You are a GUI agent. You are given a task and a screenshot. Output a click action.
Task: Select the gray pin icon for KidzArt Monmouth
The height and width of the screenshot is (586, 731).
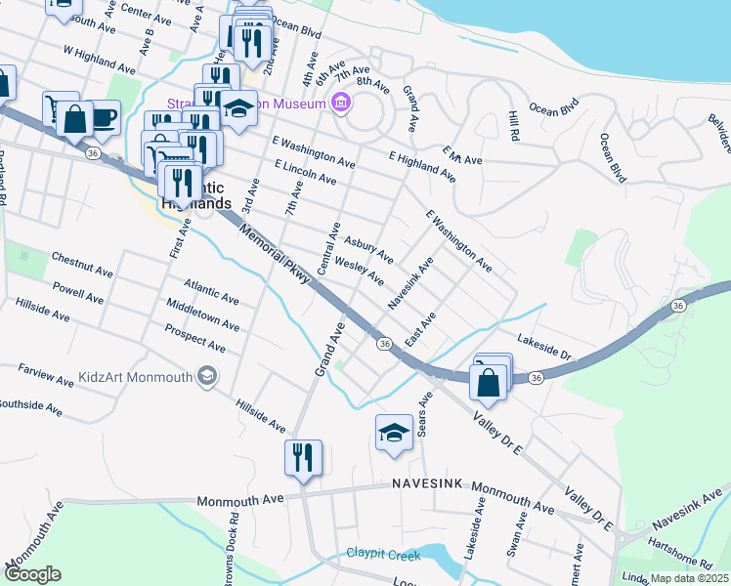pyautogui.click(x=206, y=376)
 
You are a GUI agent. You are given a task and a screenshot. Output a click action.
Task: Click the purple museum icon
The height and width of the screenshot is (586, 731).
pyautogui.click(x=341, y=101)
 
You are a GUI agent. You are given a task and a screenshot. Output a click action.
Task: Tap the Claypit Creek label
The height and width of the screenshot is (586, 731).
pyautogui.click(x=383, y=555)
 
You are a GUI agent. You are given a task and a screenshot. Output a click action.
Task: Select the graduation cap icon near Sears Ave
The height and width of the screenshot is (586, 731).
pyautogui.click(x=393, y=434)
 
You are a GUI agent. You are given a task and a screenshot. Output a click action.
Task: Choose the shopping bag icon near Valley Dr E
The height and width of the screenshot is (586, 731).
pyautogui.click(x=489, y=383)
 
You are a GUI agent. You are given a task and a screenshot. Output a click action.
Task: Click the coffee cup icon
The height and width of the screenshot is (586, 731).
pyautogui.click(x=102, y=118)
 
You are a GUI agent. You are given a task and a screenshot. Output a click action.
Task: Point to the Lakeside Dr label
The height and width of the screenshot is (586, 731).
pyautogui.click(x=544, y=347)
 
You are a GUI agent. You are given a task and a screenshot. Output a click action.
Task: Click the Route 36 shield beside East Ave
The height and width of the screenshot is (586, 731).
pyautogui.click(x=385, y=344)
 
